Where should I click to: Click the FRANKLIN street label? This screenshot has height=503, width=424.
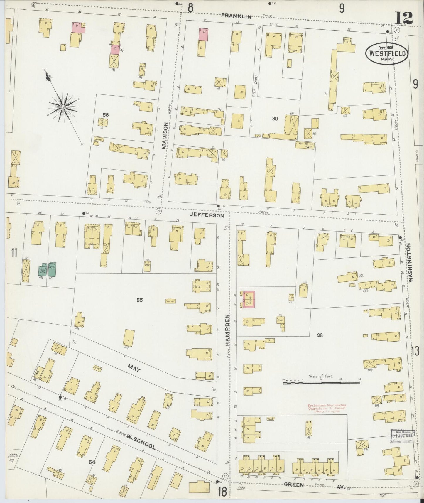coord(240,17)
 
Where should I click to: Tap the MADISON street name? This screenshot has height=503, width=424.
coord(165,136)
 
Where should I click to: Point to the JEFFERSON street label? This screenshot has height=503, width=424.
coord(207,215)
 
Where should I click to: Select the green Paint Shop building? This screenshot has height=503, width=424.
coord(42,270)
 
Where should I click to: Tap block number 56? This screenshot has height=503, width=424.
coord(106,115)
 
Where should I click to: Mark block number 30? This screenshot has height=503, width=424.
coord(275,119)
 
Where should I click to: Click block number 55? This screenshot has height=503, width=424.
coord(139,300)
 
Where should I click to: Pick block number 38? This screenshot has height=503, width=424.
coord(320,335)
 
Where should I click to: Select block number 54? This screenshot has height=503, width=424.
coord(92,462)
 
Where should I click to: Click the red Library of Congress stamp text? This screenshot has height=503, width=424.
coord(322,408)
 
